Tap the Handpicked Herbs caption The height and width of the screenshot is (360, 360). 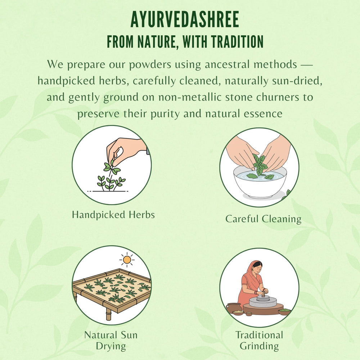[113, 215]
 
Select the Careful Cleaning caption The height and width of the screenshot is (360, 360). [263, 219]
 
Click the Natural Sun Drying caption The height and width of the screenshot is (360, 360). [111, 341]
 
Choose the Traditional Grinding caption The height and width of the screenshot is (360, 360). [259, 341]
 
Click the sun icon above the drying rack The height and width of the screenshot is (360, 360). [126, 259]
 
